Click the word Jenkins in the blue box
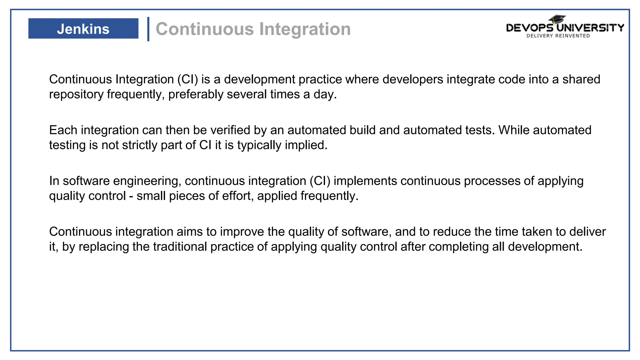(x=83, y=29)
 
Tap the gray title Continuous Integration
(x=253, y=29)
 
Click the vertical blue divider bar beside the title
(x=148, y=29)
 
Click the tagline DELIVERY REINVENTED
(x=558, y=36)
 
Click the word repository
(x=76, y=94)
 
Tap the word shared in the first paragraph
(x=581, y=79)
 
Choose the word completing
(x=458, y=247)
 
